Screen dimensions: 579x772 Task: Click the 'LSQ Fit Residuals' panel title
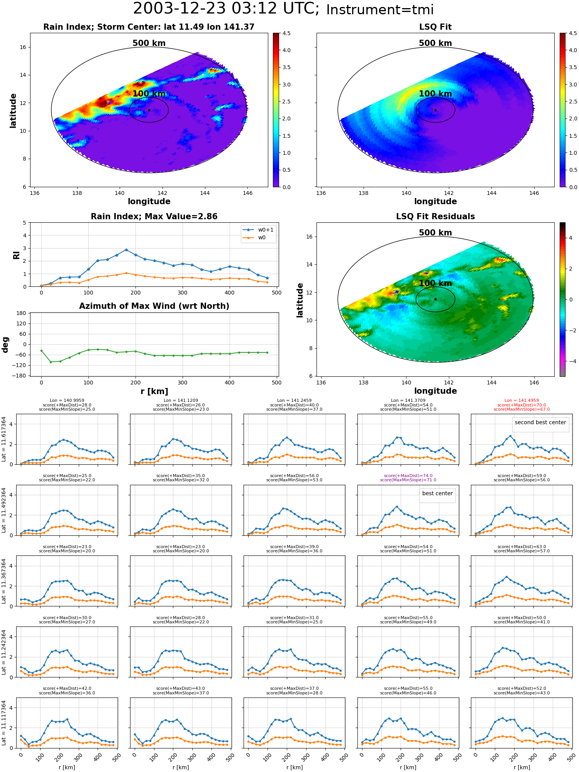(x=435, y=217)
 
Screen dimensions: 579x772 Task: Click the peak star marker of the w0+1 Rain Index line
(x=126, y=250)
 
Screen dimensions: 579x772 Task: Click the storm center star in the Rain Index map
(x=149, y=110)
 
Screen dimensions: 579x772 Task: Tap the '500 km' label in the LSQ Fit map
(x=435, y=43)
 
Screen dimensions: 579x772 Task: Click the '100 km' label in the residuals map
(x=435, y=283)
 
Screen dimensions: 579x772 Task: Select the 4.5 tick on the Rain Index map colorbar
(x=286, y=33)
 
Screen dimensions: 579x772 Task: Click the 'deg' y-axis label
(x=5, y=345)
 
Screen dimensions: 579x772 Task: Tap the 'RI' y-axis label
(x=16, y=255)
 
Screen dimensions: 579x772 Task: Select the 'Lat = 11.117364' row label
(x=4, y=723)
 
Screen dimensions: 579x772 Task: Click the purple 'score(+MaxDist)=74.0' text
(x=408, y=476)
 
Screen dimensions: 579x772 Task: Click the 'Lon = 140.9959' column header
(x=67, y=401)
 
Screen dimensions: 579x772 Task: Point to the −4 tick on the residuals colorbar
(x=571, y=361)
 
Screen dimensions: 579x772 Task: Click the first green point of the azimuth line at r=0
(x=41, y=351)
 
